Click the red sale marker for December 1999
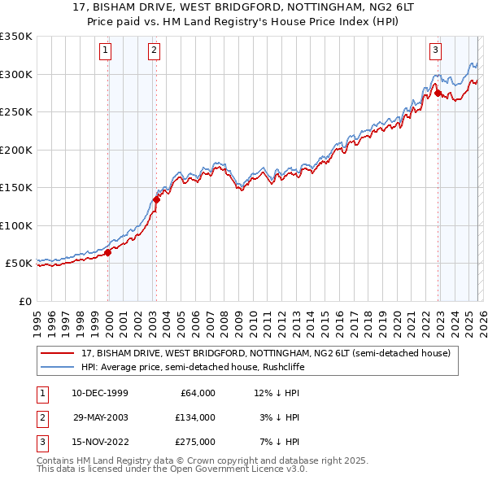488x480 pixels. [x=108, y=252]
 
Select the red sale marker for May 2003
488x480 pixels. [x=156, y=199]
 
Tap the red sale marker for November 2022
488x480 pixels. [x=438, y=93]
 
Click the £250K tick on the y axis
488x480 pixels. [x=16, y=112]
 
